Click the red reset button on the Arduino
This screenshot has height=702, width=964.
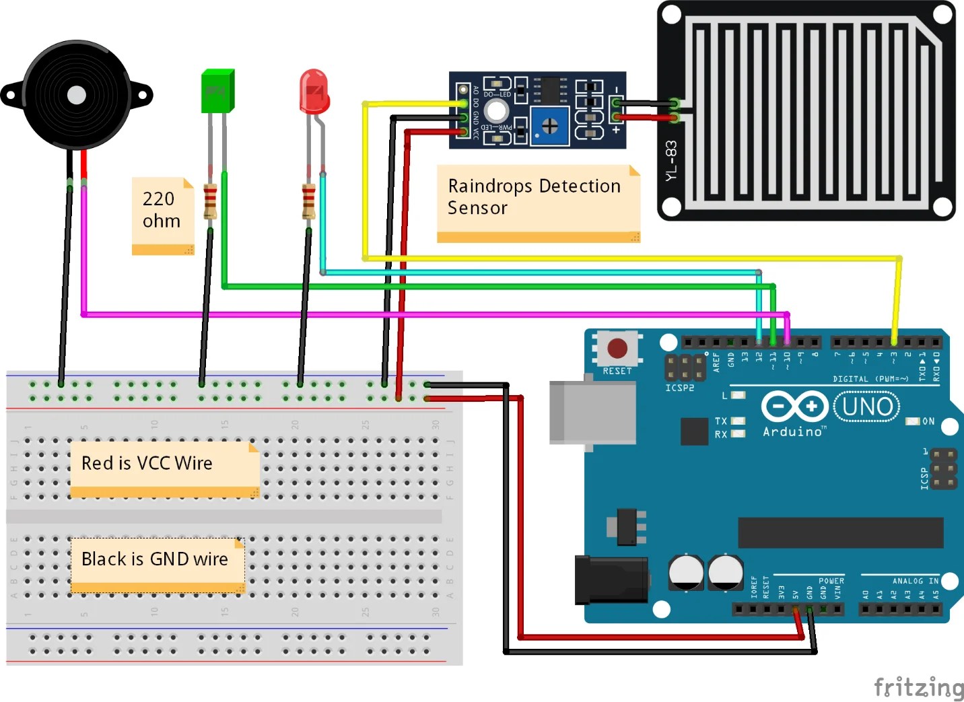pyautogui.click(x=617, y=348)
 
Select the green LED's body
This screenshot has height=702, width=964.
pyautogui.click(x=217, y=91)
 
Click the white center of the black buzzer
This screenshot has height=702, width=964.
pyautogui.click(x=76, y=95)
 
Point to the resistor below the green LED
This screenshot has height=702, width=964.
pyautogui.click(x=210, y=201)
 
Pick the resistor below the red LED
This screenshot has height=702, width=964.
pyautogui.click(x=308, y=201)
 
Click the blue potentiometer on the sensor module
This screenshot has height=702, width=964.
pyautogui.click(x=549, y=125)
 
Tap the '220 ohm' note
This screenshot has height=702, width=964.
pyautogui.click(x=162, y=211)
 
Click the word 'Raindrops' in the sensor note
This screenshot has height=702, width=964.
pyautogui.click(x=491, y=186)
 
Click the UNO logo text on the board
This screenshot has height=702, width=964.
pyautogui.click(x=867, y=407)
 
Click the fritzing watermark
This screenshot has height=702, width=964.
pyautogui.click(x=918, y=687)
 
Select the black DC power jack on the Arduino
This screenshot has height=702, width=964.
pyautogui.click(x=610, y=580)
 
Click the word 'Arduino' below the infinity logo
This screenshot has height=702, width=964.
pyautogui.click(x=792, y=432)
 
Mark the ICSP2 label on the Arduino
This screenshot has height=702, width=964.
pyautogui.click(x=679, y=388)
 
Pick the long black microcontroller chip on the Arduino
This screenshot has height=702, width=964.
pyautogui.click(x=840, y=533)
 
